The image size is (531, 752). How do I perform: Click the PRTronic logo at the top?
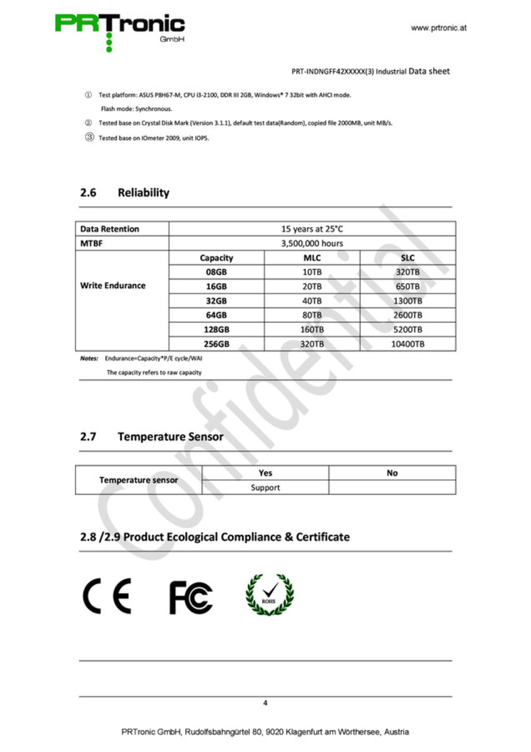pyautogui.click(x=119, y=31)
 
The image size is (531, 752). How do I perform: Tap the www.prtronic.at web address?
pyautogui.click(x=439, y=28)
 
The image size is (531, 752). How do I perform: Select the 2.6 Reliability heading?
pyautogui.click(x=125, y=193)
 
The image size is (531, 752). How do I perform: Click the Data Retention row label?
pyautogui.click(x=110, y=229)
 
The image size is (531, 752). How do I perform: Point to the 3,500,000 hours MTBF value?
pyautogui.click(x=312, y=243)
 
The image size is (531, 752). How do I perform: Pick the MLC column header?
pyautogui.click(x=312, y=258)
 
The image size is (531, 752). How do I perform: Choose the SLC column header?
pyautogui.click(x=407, y=258)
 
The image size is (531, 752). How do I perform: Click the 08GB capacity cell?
pyautogui.click(x=216, y=272)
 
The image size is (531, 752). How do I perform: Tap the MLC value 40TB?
pyautogui.click(x=312, y=301)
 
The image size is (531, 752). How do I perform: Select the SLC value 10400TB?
pyautogui.click(x=407, y=344)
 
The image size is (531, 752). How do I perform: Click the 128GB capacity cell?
pyautogui.click(x=216, y=330)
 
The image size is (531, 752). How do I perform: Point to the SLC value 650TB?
pyautogui.click(x=407, y=286)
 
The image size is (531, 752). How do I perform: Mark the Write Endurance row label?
pyautogui.click(x=112, y=286)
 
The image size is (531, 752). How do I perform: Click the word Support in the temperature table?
pyautogui.click(x=265, y=487)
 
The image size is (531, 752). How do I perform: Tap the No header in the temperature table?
pyautogui.click(x=392, y=473)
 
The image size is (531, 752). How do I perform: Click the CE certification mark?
pyautogui.click(x=107, y=596)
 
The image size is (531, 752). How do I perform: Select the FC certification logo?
pyautogui.click(x=190, y=597)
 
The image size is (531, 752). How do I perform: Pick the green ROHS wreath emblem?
pyautogui.click(x=269, y=595)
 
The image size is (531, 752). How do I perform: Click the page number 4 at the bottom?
pyautogui.click(x=265, y=703)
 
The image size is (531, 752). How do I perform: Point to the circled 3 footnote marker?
pyautogui.click(x=89, y=137)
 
